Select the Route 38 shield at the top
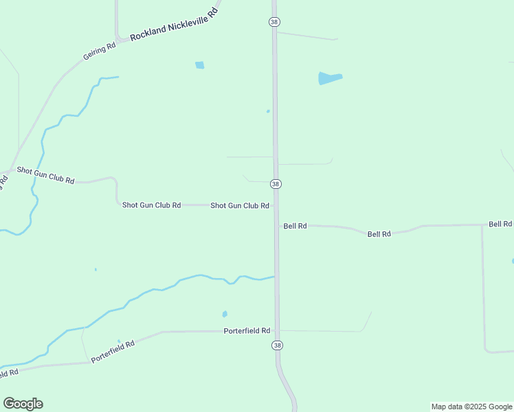point(274,22)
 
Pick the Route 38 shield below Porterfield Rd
point(277,345)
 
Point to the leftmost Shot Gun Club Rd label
point(45,174)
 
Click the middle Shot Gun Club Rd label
point(151,205)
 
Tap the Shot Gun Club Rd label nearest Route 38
point(239,205)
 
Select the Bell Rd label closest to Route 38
point(295,225)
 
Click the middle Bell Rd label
point(379,233)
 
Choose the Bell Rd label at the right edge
point(500,224)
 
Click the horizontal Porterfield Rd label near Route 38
point(247,330)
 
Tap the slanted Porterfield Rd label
point(111,352)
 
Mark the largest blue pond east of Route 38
point(330,78)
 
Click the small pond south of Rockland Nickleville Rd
point(199,65)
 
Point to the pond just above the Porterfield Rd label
point(225,314)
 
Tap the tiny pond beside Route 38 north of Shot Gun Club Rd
point(268,111)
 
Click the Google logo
point(23,404)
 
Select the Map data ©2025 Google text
point(472,407)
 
